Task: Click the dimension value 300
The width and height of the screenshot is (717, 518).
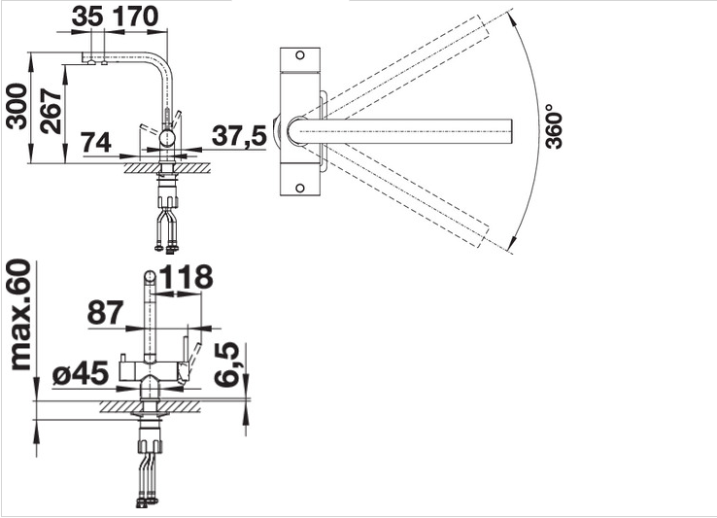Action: tap(17, 107)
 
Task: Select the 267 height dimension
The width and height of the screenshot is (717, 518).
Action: tap(51, 111)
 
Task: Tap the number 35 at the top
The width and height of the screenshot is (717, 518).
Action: tap(87, 17)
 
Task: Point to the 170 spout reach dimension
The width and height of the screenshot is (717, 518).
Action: tap(135, 17)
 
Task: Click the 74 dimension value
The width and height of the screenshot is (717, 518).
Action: tap(96, 142)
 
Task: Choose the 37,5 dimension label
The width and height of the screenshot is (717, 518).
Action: tap(239, 136)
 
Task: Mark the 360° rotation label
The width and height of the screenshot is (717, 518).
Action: tap(554, 125)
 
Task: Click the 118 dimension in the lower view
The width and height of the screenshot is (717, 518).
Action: tap(187, 277)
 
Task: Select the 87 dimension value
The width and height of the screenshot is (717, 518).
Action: tap(105, 313)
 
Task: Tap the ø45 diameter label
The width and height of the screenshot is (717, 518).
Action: tap(81, 374)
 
